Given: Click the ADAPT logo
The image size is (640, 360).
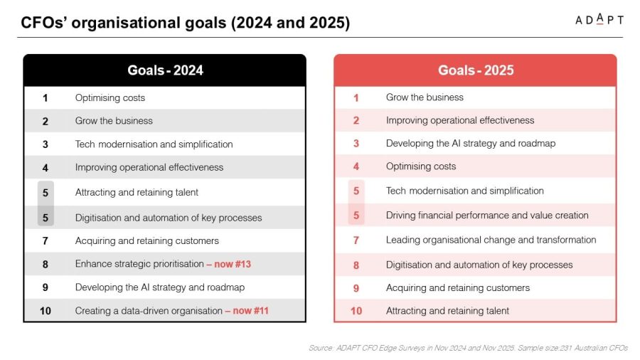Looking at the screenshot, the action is point(599,20).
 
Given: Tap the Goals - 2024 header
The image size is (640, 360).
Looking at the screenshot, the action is point(165,70).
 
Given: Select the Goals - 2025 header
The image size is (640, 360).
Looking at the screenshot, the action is point(476,70).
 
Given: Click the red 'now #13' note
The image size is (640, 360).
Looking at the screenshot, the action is point(233,264).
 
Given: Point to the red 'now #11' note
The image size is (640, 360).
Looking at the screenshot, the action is point(250,311).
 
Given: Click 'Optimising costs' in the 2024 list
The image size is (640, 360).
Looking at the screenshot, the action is point(110,98).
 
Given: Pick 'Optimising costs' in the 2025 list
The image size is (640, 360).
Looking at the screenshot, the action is point(421,166).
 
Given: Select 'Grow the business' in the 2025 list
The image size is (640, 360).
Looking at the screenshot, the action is point(425,97).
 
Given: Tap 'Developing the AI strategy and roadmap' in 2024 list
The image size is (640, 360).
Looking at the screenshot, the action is point(159,287).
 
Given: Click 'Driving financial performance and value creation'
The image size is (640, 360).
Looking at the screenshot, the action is point(487,215).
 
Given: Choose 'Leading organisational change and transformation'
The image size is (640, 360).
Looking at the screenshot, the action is point(491,240).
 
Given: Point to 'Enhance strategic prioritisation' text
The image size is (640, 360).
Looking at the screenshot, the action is point(139,264).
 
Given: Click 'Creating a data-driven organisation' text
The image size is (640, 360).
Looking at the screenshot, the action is point(149,311).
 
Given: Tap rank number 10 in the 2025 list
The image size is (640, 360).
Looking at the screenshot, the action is point(356,311).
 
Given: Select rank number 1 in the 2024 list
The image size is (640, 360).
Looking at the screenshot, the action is point(45,98).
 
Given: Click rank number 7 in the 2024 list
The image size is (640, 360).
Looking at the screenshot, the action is point(45,240).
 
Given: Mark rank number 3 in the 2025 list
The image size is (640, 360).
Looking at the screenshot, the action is point(356,144).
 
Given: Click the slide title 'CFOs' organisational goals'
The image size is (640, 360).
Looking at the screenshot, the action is point(186,23).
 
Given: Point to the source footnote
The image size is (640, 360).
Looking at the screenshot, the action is point(468,348).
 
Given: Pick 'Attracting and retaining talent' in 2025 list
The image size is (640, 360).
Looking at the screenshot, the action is point(447,311).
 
